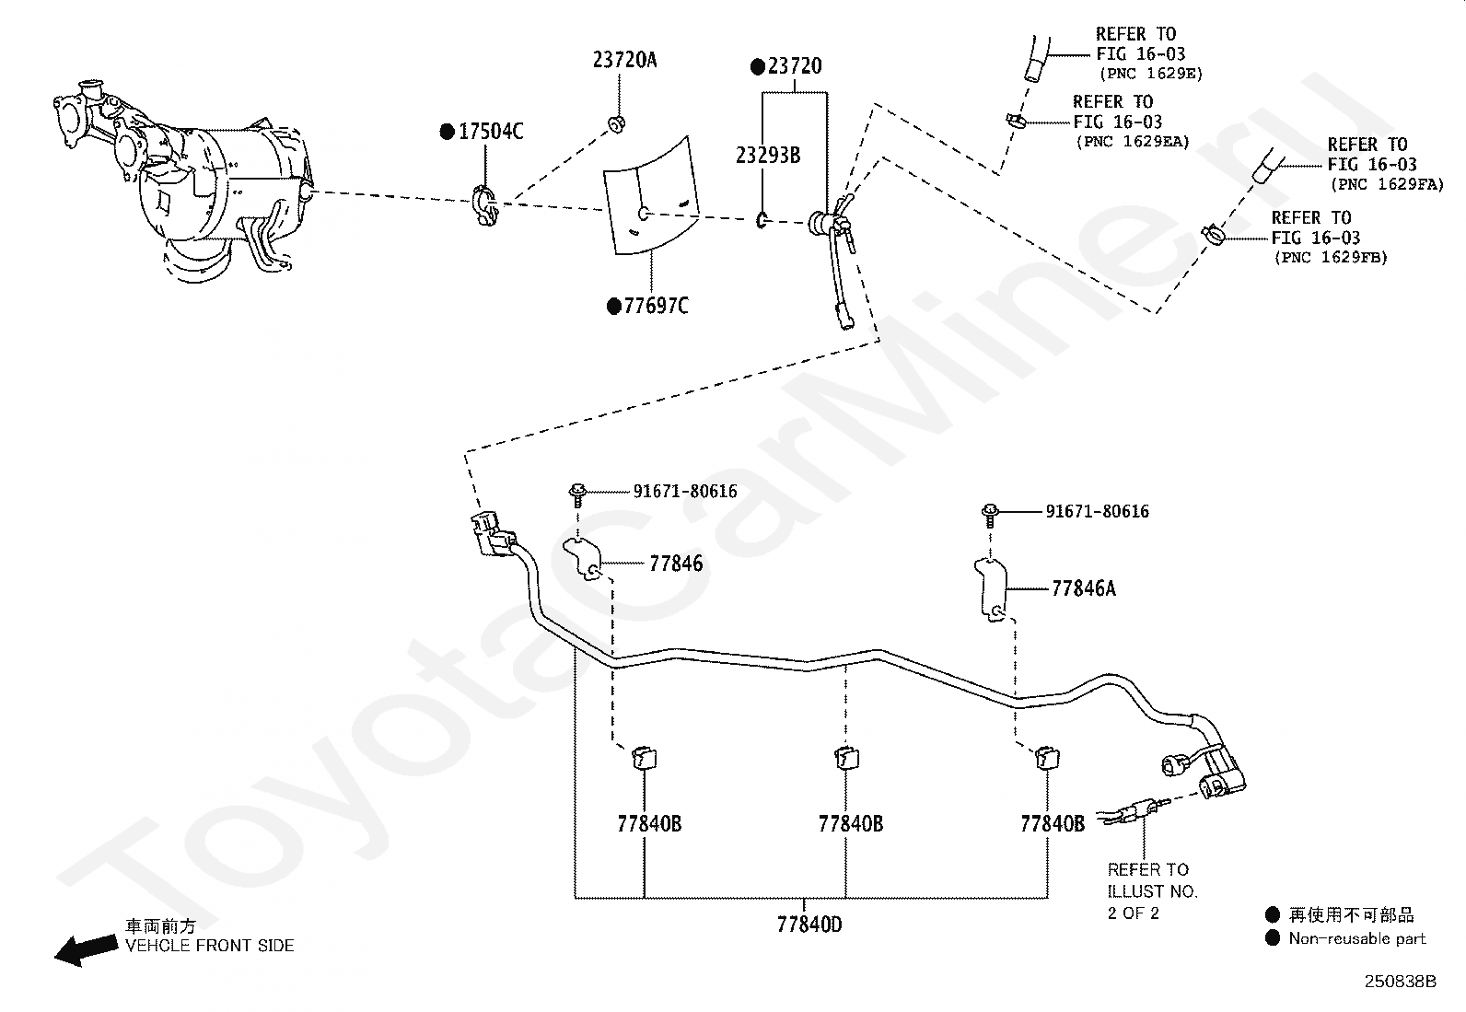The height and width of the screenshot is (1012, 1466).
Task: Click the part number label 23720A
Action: [x=624, y=60]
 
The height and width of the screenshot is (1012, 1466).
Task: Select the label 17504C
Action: [x=491, y=132]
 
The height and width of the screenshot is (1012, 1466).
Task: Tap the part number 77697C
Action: [x=657, y=306]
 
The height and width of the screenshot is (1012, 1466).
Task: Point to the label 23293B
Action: [x=768, y=155]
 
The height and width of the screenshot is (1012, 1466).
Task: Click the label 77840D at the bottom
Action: [x=809, y=925]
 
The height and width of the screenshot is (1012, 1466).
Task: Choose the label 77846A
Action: [x=1083, y=588]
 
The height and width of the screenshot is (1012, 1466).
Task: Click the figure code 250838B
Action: [x=1400, y=982]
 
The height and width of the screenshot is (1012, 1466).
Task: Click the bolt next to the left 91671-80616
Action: [x=577, y=495]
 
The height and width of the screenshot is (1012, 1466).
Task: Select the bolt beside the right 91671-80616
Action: [x=990, y=516]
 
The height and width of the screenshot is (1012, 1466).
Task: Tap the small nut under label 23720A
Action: [x=616, y=123]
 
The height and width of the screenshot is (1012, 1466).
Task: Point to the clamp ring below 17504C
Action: [x=485, y=205]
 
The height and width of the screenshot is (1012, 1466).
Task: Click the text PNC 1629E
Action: [x=1150, y=74]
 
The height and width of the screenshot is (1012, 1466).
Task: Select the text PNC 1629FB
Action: [x=1331, y=258]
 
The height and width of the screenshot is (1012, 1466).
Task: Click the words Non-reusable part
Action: [x=1356, y=938]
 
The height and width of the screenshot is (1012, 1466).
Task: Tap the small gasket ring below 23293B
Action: [x=762, y=220]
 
